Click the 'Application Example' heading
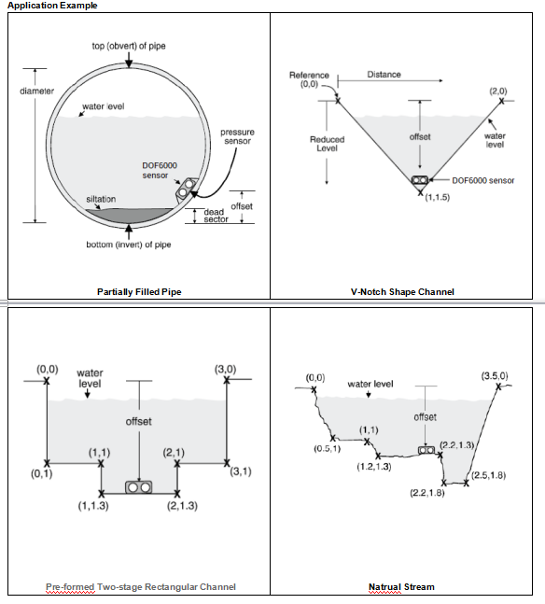pos(52,6)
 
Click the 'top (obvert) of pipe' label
pos(129,46)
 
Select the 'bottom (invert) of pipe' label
pos(129,245)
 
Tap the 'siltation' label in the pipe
pos(101,199)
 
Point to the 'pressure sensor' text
pos(237,136)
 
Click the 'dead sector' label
pos(217,216)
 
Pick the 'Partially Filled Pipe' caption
pos(139,291)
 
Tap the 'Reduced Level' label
pos(327,144)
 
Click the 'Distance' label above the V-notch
pos(384,75)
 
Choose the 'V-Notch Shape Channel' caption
pos(402,291)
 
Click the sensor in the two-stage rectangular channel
pos(139,487)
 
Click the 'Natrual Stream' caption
pos(401,586)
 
